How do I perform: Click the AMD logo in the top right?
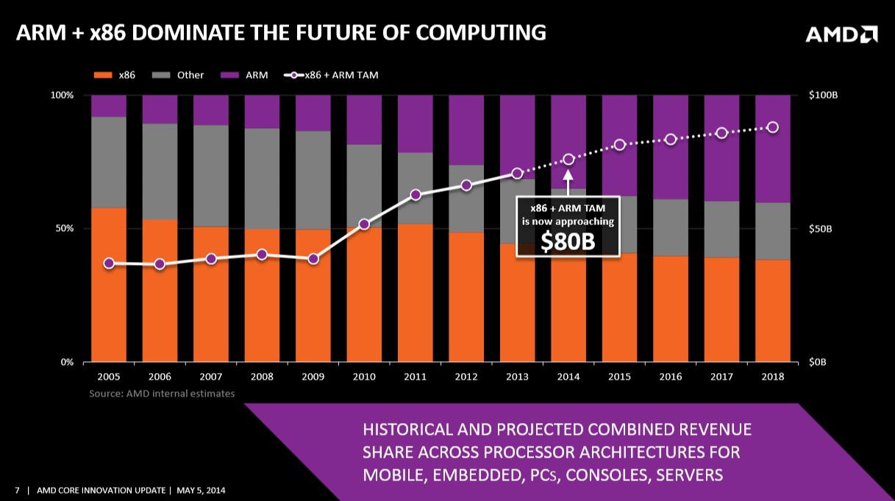(x=841, y=35)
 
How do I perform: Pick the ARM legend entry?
(x=247, y=75)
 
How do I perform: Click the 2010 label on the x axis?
(x=364, y=377)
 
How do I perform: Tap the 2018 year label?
(x=773, y=377)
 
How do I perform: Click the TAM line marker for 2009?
(x=313, y=259)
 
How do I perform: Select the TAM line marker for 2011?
(x=416, y=195)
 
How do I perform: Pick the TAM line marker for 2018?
(x=773, y=127)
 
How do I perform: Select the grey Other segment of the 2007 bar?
(x=211, y=176)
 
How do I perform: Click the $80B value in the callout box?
(x=567, y=242)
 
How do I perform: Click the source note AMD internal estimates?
(x=162, y=394)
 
